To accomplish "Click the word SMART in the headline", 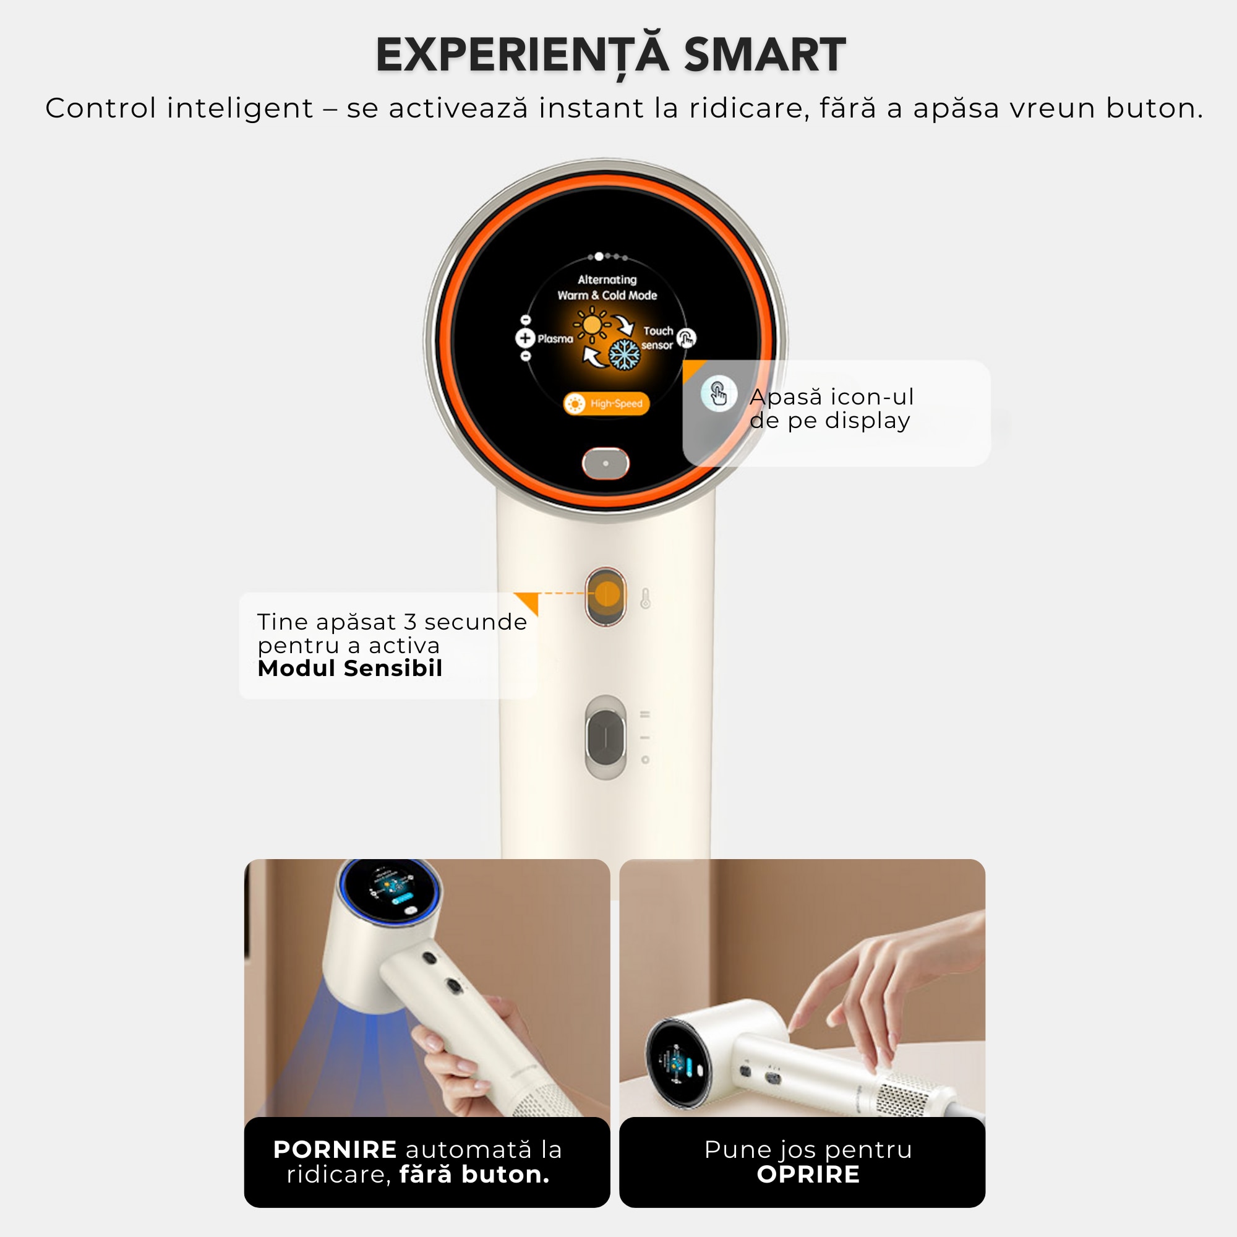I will coord(764,55).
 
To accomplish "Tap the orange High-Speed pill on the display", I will coord(606,403).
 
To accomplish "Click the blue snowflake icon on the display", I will coord(623,354).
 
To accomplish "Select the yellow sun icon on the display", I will coord(593,325).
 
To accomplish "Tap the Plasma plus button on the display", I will coord(525,338).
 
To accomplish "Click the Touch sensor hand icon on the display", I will coord(687,338).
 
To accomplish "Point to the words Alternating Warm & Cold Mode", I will coord(607,288).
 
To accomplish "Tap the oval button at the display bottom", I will coord(605,463).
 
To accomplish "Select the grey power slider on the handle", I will coord(606,737).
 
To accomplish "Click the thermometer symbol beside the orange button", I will coord(645,598).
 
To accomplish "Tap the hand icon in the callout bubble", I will coord(718,393).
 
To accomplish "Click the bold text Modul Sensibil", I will coord(349,668).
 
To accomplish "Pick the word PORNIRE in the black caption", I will coord(335,1149).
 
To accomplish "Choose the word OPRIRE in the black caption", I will coord(808,1175).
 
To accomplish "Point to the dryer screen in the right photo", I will coord(678,1064).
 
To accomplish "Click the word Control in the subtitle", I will coord(101,108).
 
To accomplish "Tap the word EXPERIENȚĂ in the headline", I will coord(523,55).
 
